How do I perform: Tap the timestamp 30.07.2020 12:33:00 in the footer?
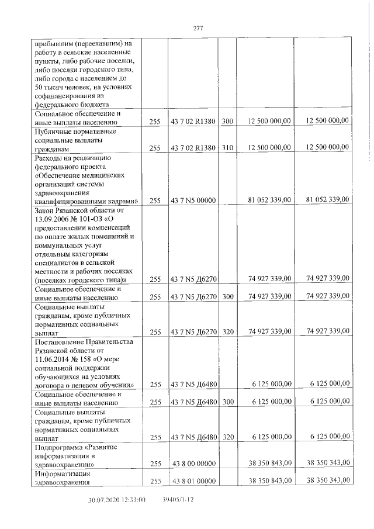(x=116, y=500)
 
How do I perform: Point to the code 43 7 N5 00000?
(x=193, y=200)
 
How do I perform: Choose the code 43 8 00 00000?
(x=193, y=464)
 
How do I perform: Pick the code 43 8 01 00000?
(x=193, y=480)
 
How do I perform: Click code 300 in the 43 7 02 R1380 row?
(x=227, y=122)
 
